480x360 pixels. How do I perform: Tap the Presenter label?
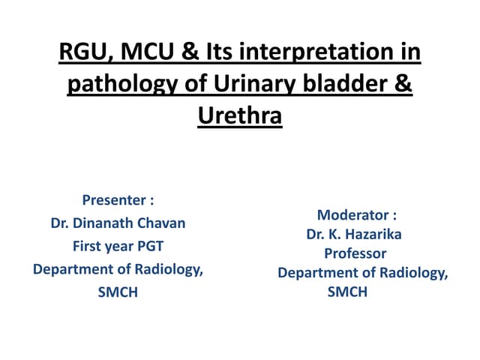(118, 200)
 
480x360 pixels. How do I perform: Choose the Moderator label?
(356, 214)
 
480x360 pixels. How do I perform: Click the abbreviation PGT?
(148, 246)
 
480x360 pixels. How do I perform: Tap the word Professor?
(355, 253)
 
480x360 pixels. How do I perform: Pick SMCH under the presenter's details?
(118, 292)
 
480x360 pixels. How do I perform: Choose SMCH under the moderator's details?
(347, 292)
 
